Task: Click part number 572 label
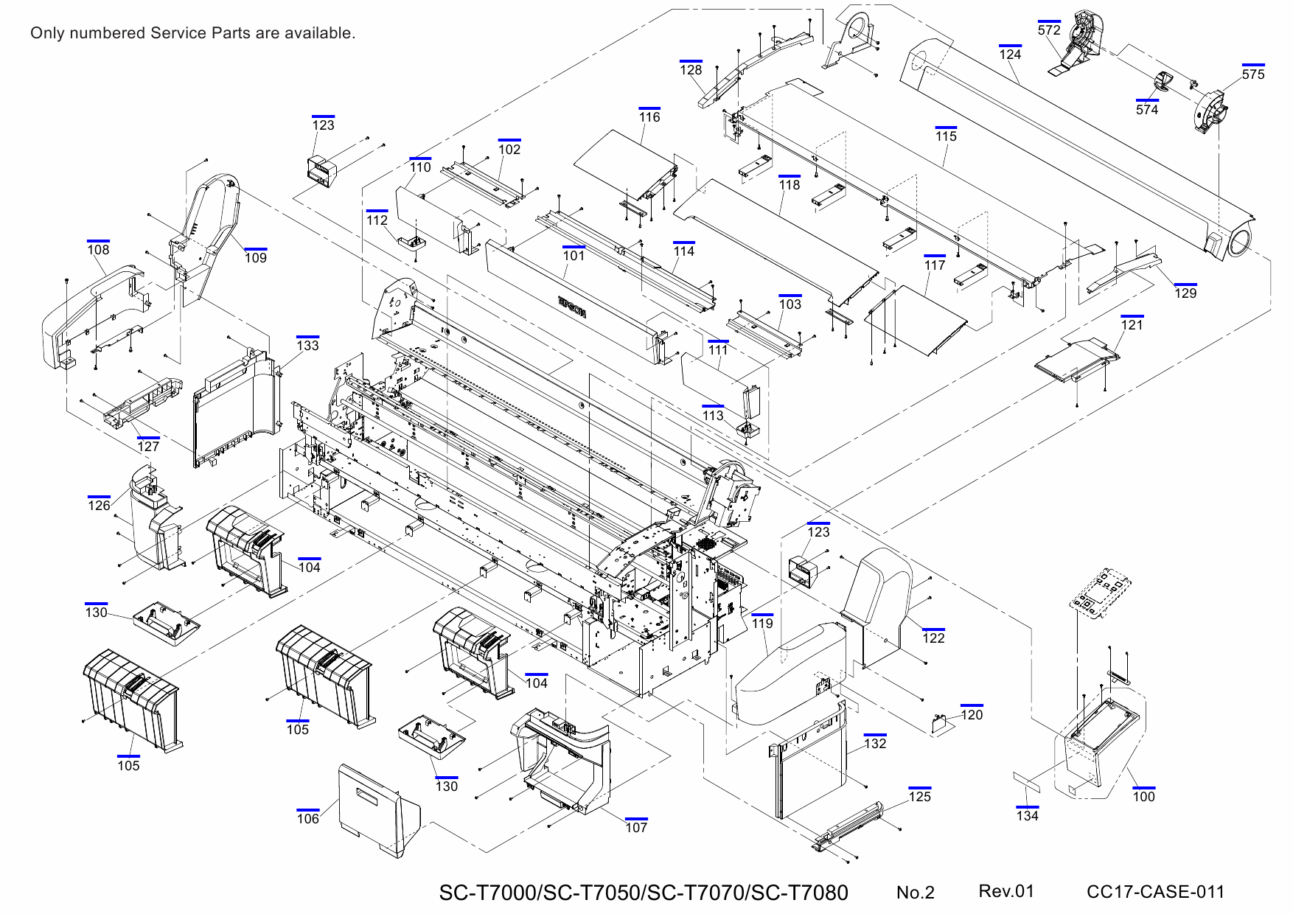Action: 1048,30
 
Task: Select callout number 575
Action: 1252,74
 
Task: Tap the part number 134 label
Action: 1027,815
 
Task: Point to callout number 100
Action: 1143,796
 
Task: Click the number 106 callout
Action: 307,818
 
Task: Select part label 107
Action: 636,827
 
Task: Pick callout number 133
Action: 307,345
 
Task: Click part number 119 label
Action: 762,623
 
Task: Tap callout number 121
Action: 1132,324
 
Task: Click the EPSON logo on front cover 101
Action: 572,307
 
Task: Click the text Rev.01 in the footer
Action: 1006,891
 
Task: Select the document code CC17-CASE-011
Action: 1154,892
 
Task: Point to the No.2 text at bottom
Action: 915,893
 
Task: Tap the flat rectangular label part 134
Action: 1026,782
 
